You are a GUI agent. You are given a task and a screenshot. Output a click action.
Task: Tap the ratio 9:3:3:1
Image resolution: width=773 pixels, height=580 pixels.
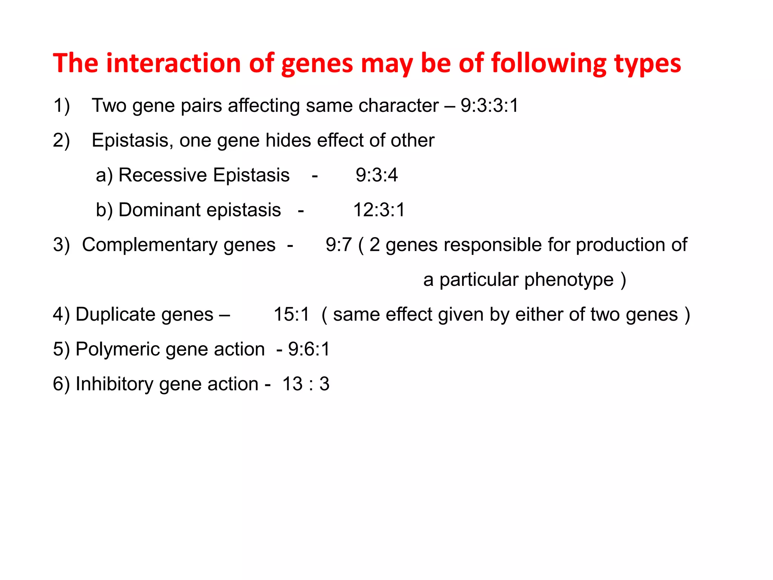coord(490,105)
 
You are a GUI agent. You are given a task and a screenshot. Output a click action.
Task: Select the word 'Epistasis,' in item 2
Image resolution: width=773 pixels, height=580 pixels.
coord(132,140)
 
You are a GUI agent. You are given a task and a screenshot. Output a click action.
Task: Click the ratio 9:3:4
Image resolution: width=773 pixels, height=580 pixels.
coord(377,175)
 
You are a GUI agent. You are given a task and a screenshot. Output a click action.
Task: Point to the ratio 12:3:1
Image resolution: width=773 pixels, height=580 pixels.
coord(379,210)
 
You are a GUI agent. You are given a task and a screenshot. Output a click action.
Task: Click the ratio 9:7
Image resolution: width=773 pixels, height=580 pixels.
coord(339,245)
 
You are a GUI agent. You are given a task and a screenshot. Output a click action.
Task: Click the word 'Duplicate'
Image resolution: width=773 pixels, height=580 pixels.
coord(145,315)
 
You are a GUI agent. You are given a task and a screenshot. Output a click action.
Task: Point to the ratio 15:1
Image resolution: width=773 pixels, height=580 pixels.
coord(291,315)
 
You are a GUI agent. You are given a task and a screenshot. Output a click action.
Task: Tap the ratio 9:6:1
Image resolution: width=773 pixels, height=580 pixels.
coord(309,349)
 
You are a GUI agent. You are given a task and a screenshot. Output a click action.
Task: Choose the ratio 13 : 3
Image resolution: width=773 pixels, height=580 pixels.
coord(306,384)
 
